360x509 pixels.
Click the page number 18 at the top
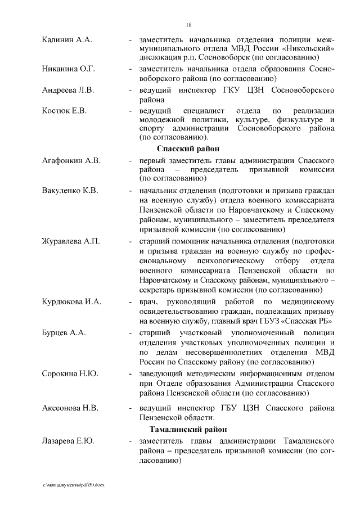(189, 24)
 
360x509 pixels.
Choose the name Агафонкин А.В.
(71, 161)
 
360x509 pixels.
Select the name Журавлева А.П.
(71, 241)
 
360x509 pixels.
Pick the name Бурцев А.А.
(64, 332)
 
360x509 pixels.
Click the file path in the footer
(74, 485)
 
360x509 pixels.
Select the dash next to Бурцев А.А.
(130, 332)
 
